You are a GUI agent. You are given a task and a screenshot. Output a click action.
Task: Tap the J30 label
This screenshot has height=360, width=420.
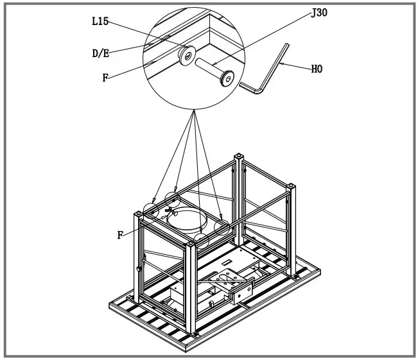(x=319, y=13)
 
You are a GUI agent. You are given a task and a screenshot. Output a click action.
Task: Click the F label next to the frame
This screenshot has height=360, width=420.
(x=120, y=235)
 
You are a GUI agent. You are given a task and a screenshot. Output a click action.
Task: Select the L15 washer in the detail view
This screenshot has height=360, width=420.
(x=187, y=56)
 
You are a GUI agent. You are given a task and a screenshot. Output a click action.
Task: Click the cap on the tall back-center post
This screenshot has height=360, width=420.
(x=239, y=156)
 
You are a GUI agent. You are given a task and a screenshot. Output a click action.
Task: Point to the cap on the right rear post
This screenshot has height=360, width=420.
(x=292, y=186)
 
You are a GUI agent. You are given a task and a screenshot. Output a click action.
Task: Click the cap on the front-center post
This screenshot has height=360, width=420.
(x=192, y=244)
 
